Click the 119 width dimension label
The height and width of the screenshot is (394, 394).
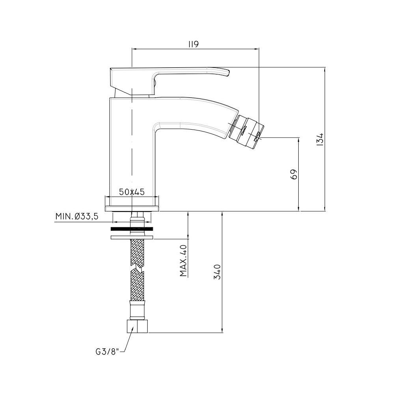[x=193, y=44]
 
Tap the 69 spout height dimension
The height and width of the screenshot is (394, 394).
[x=294, y=174]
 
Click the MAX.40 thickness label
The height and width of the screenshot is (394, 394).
[x=184, y=260]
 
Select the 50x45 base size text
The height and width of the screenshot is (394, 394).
[x=132, y=192]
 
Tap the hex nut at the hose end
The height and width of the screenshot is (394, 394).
[x=138, y=326]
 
